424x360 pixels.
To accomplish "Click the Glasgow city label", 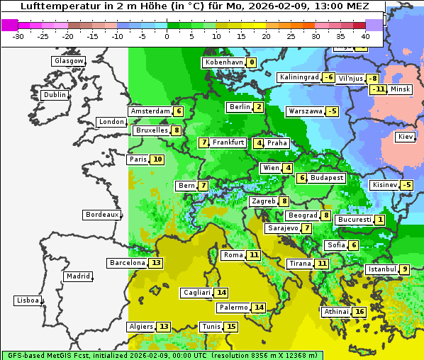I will coord(69,61).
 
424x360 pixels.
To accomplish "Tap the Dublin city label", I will coord(55,95).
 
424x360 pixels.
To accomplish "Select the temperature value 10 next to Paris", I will coord(157,159).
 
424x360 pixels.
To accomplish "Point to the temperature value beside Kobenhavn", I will coord(252,62).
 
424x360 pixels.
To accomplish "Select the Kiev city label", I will coord(406,137).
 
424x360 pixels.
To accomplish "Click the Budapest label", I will coord(327,178).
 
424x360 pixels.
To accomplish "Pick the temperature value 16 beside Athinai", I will coord(359,312).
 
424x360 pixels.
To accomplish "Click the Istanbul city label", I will coord(382,269).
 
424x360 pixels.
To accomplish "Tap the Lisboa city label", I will coord(28,300).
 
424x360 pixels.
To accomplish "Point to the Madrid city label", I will coord(77,276).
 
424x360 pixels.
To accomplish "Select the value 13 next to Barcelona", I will coord(157,263).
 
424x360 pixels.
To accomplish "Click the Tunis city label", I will coord(211,327).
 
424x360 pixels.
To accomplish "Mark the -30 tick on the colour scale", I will coord(19,35).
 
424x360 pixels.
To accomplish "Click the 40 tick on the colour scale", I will coord(365,35).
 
